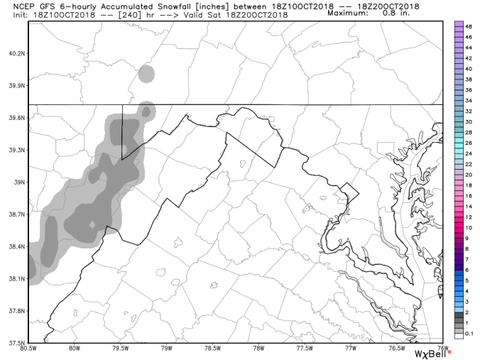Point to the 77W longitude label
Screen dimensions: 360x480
point(350,348)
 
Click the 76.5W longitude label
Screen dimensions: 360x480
point(396,348)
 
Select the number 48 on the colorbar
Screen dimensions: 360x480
point(469,26)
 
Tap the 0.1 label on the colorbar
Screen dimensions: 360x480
point(469,334)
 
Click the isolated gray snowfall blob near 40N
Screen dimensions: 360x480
point(146,73)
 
